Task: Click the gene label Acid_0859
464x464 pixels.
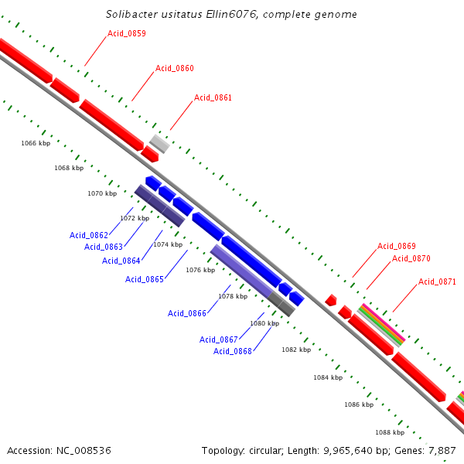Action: (x=127, y=33)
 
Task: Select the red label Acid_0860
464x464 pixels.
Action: (x=174, y=68)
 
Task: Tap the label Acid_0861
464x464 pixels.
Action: (x=213, y=97)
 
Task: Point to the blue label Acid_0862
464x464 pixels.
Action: (x=89, y=235)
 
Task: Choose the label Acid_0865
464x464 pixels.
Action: (x=145, y=279)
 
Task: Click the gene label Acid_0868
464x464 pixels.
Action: (x=233, y=351)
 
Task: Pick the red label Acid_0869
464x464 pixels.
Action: (x=397, y=246)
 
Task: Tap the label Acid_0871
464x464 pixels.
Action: (x=437, y=281)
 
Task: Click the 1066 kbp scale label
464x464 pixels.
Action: (x=36, y=143)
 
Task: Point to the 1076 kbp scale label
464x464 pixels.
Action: (x=200, y=270)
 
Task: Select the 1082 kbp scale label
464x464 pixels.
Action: (x=296, y=350)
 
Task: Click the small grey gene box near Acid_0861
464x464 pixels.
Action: (x=160, y=143)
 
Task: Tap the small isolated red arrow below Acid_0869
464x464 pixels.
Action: (x=330, y=299)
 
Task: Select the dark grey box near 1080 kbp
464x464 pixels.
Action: (x=282, y=306)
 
